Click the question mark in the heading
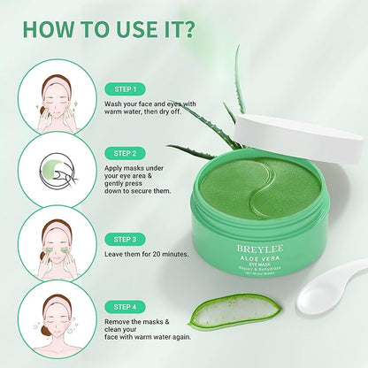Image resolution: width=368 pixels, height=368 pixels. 190,27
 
